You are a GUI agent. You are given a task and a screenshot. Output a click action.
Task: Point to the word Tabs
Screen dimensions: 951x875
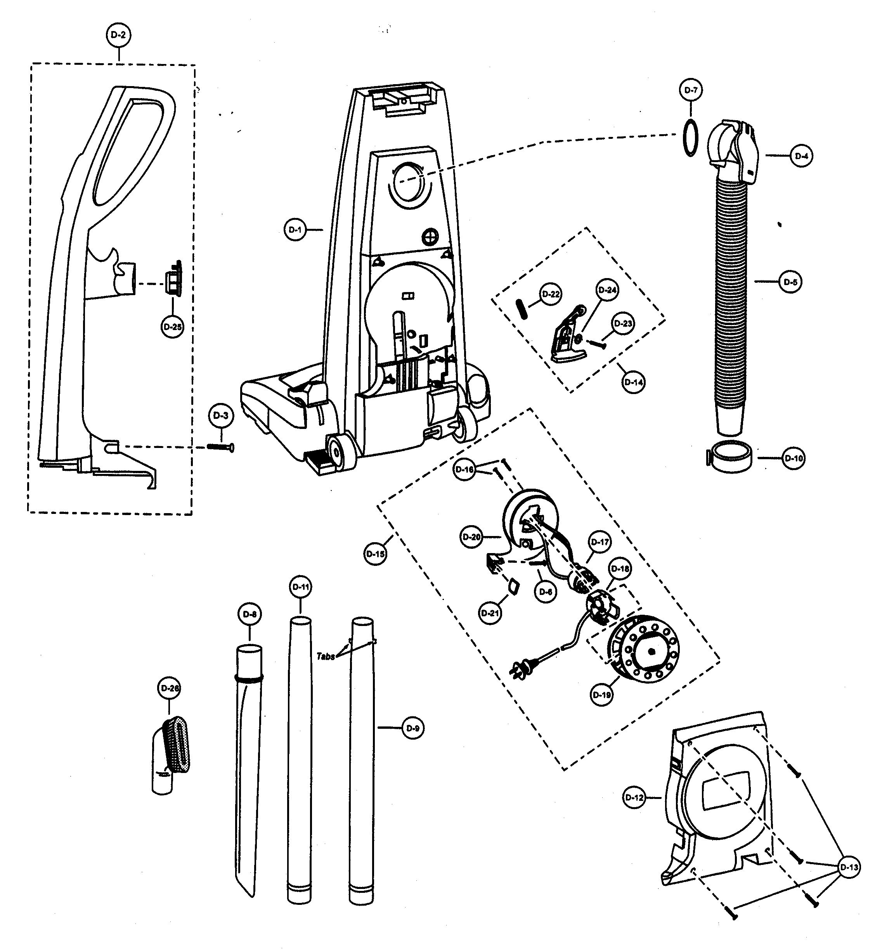coord(325,656)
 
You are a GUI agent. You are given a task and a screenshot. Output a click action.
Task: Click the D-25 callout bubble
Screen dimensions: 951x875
coord(172,327)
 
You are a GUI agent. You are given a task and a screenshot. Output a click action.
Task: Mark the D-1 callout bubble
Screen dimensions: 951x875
coord(295,230)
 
